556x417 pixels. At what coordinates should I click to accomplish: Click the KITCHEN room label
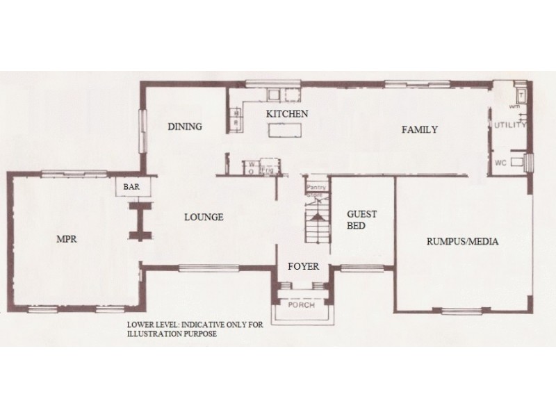click(287, 113)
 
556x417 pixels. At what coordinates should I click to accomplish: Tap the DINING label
click(185, 126)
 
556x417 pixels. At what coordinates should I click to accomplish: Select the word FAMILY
click(419, 129)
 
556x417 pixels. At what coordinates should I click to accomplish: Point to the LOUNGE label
click(204, 218)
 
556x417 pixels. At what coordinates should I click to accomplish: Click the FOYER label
click(303, 266)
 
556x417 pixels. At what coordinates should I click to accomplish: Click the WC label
click(500, 163)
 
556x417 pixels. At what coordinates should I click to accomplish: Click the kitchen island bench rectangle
click(286, 130)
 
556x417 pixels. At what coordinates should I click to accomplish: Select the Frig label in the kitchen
click(265, 167)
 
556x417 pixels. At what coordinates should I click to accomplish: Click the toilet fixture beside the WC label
click(516, 163)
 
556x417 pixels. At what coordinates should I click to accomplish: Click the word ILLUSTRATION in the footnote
click(151, 334)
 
